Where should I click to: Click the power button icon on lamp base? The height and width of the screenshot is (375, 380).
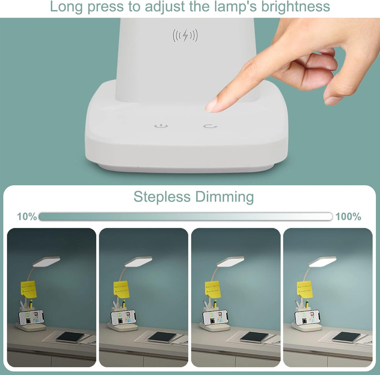[x=161, y=126]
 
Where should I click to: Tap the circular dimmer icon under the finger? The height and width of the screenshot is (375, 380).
[x=210, y=126]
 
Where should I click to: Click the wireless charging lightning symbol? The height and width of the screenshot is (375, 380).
[x=185, y=36]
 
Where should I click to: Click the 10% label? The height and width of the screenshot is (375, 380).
[x=27, y=217]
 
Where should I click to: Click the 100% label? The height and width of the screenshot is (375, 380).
[x=348, y=217]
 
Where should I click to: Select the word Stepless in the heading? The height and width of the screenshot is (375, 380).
[x=162, y=197]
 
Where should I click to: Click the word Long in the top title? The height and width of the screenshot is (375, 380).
[x=65, y=7]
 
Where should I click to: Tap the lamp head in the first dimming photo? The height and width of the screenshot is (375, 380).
[x=46, y=262]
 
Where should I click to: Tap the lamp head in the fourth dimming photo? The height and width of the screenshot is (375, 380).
[x=322, y=262]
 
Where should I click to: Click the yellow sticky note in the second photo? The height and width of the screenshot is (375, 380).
[x=121, y=289]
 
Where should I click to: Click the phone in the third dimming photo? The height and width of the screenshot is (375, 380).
[x=215, y=318]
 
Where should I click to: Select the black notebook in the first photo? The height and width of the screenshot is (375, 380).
[x=70, y=337]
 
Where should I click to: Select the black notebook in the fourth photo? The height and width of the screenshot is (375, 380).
[x=346, y=337]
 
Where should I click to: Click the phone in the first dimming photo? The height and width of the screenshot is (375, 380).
[x=31, y=318]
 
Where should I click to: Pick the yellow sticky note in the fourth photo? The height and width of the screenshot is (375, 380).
[x=305, y=289]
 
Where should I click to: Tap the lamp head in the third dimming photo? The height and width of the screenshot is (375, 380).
[x=230, y=262]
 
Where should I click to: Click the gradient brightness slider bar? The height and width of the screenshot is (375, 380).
[x=186, y=216]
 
